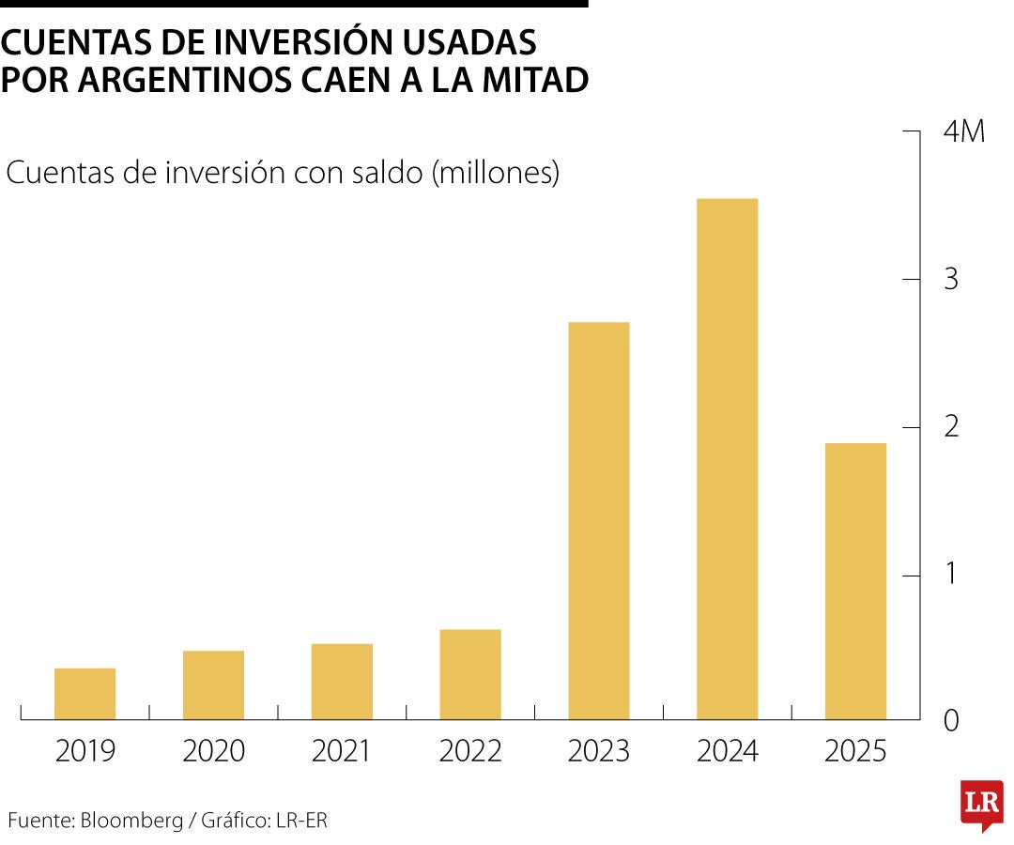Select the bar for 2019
pos(84,694)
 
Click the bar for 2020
pos(213,685)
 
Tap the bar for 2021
pos(342,682)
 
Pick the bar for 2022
pos(470,674)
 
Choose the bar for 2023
pos(599,521)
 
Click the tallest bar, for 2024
pos(727,459)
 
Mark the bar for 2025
pos(855,581)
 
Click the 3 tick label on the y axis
pos(951,280)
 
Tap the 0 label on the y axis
pos(951,721)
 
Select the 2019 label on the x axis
pos(85,751)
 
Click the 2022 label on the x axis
pos(470,751)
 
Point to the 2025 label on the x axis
pos(855,751)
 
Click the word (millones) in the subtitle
pos(495,174)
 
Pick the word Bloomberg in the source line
pos(132,820)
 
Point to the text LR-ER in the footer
pos(301,820)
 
